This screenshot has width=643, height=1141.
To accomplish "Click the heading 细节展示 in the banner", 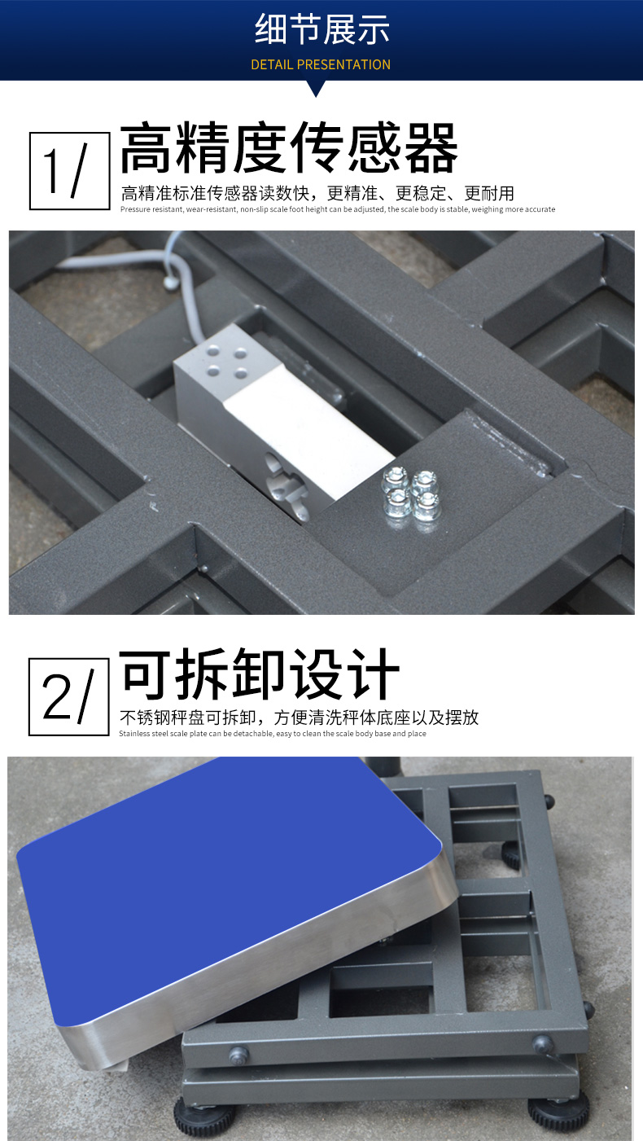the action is click(321, 29).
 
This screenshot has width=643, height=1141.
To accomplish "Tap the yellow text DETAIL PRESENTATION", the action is click(321, 64).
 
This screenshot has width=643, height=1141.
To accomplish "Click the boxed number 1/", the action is click(70, 171).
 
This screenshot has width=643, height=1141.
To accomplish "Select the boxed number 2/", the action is click(68, 696).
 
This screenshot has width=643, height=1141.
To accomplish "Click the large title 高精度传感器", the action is click(289, 147).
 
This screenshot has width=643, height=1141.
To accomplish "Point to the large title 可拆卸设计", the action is click(259, 674).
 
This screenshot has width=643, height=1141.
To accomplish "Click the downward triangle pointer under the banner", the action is click(316, 88).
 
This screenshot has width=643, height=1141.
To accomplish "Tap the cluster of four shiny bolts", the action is click(411, 494).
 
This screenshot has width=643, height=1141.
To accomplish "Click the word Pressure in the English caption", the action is click(135, 209).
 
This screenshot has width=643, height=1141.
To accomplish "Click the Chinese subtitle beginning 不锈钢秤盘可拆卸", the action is click(299, 718).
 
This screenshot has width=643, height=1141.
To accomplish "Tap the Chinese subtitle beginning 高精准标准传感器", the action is click(317, 193).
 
